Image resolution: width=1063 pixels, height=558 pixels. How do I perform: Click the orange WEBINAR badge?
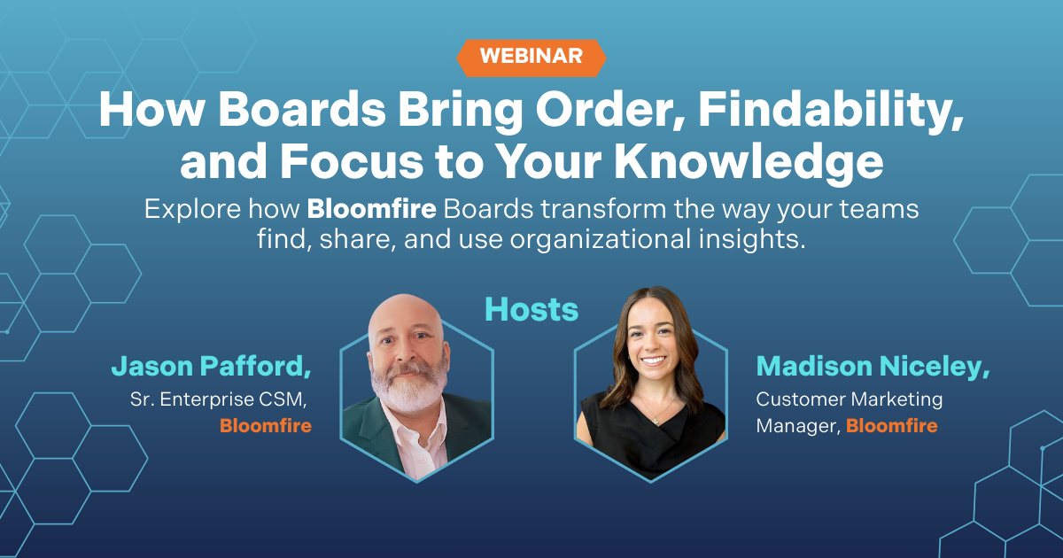coord(531,58)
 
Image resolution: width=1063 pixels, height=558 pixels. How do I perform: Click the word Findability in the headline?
coord(831,111)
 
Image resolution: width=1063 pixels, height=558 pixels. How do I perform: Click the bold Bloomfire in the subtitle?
coord(371,209)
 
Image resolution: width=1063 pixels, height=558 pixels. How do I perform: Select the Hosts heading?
coord(531,310)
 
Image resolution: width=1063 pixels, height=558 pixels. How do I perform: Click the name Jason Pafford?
coord(211,367)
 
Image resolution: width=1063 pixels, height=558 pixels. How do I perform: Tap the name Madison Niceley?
coord(873,367)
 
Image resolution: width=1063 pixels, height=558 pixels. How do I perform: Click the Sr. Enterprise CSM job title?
coord(219,399)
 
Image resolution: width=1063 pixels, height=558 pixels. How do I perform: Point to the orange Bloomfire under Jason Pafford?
coord(266,426)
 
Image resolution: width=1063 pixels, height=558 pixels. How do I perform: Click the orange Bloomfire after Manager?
coord(892,426)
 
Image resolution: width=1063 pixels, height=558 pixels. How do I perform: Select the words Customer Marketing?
coord(850,399)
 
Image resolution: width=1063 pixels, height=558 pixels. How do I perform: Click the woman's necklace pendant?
coord(656,420)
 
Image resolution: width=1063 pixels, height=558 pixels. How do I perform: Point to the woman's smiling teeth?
coord(654,360)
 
